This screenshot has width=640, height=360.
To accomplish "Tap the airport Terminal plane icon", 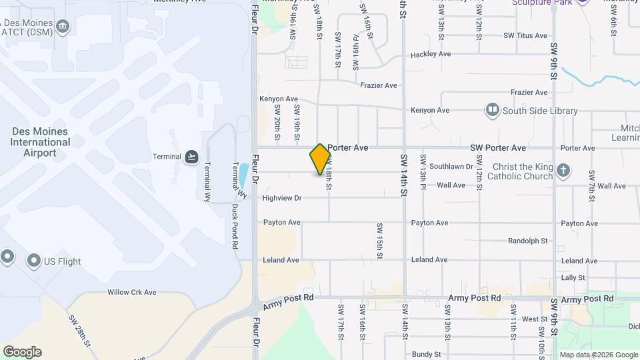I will click(x=192, y=157).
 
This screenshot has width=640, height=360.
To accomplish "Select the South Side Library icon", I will click(x=493, y=109).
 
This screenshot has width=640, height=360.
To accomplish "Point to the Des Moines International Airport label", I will click(x=41, y=142).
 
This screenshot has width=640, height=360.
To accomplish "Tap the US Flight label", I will click(x=62, y=261).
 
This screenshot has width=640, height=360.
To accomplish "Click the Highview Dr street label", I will click(x=281, y=198).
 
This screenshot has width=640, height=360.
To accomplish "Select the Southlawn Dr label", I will click(x=451, y=167).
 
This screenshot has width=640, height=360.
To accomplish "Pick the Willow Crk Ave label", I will click(x=131, y=292).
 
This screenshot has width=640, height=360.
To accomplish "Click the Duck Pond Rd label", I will click(x=235, y=227).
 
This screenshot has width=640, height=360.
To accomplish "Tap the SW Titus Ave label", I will click(x=525, y=36).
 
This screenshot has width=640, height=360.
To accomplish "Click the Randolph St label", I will click(x=527, y=241).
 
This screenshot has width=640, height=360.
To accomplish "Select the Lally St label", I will click(x=573, y=277).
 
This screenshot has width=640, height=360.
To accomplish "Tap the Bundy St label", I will click(x=426, y=355).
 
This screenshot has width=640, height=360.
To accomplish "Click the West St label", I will click(x=535, y=319).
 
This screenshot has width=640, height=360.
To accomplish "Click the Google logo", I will click(x=22, y=352).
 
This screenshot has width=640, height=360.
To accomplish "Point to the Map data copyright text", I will click(x=597, y=355).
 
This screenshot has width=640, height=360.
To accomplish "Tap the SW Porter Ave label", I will click(x=497, y=147).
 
